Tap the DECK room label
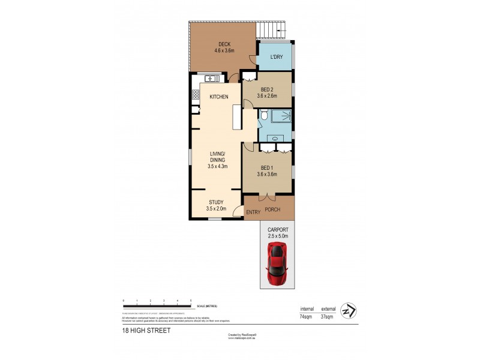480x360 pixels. click(x=224, y=44)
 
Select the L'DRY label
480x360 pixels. click(x=277, y=56)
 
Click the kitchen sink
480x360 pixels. click(x=211, y=79)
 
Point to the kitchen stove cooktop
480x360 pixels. click(x=196, y=94)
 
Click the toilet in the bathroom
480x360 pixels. click(x=263, y=116)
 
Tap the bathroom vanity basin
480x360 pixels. click(x=275, y=139)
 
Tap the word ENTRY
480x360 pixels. click(x=253, y=212)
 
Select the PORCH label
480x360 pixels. click(x=273, y=209)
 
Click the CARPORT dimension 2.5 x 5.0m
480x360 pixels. click(x=277, y=236)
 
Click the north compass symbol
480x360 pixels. click(x=348, y=311)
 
